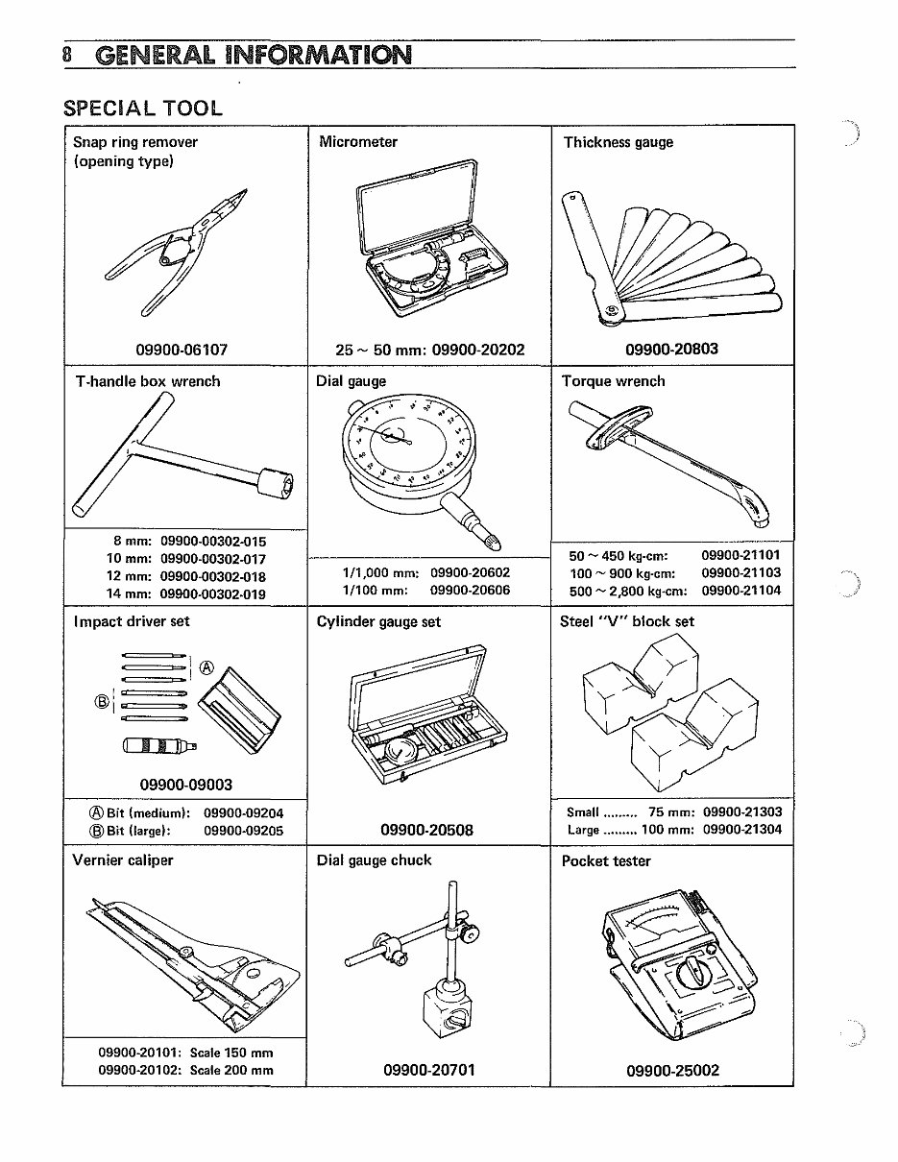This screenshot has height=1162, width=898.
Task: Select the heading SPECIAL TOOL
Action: point(142,108)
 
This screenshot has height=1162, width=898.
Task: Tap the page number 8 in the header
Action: point(67,54)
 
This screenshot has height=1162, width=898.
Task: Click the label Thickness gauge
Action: point(618,142)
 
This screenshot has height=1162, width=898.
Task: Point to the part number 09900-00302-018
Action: point(213,576)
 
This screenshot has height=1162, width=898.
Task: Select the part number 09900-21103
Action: point(740,572)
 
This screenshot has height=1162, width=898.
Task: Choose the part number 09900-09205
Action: point(244,831)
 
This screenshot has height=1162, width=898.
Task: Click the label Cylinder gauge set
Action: point(378,621)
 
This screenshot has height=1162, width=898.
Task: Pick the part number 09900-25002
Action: point(672,1070)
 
